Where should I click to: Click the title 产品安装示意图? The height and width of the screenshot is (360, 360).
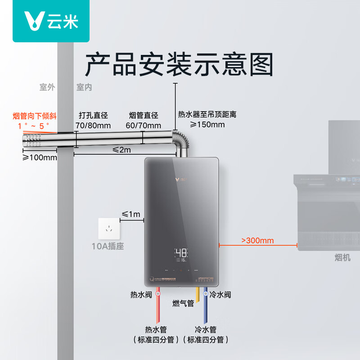(179, 64)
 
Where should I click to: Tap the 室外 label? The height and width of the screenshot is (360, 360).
(47, 87)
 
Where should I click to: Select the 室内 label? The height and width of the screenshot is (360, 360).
(84, 87)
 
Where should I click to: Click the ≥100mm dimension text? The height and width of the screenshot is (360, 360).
(40, 157)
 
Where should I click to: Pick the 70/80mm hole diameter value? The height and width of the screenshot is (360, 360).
(94, 125)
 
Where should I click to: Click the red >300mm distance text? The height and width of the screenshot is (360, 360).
(257, 240)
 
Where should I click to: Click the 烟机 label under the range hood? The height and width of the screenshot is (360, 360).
(342, 257)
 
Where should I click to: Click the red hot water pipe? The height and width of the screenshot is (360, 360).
(157, 310)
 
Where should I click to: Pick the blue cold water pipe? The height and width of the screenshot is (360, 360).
(206, 310)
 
